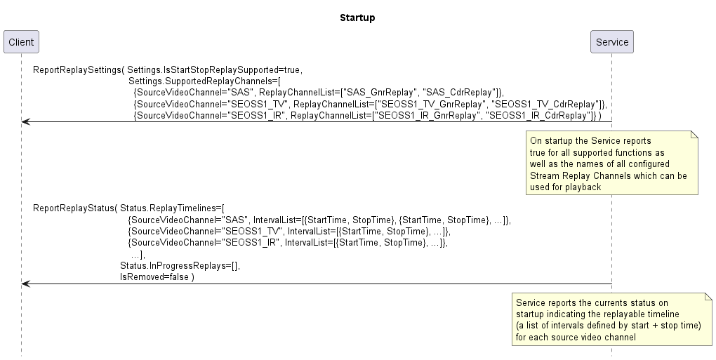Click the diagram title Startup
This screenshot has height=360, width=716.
point(357,18)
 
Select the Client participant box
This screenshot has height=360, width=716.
point(21,42)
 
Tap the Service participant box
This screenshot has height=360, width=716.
point(612,42)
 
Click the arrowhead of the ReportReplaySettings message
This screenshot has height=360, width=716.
point(25,122)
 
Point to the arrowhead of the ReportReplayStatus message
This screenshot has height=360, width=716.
point(25,284)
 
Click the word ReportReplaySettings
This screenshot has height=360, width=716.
point(77,69)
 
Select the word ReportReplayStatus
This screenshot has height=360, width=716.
point(73,208)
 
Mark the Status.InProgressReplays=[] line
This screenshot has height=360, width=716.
point(178,265)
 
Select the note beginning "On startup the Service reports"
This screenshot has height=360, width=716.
point(612,163)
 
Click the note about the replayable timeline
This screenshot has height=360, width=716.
point(612,319)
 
